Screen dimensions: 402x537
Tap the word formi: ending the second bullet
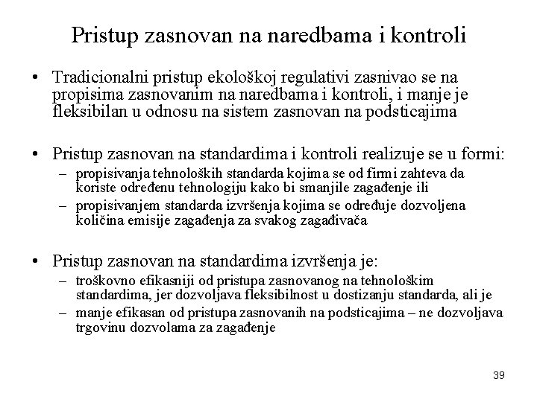(x=484, y=154)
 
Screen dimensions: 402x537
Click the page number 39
(x=499, y=375)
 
